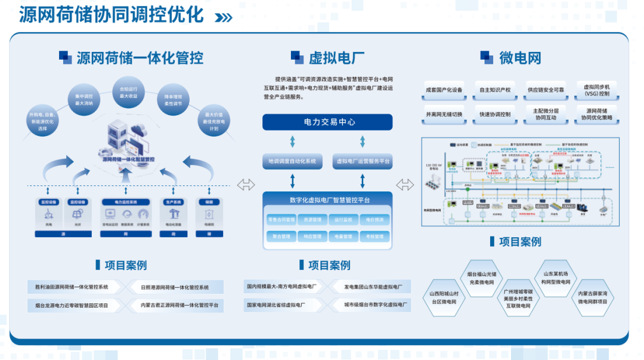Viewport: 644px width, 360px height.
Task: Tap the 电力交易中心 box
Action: click(327, 122)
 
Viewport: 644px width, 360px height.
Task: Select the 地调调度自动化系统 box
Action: click(292, 161)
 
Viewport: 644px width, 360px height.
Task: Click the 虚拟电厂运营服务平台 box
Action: click(363, 161)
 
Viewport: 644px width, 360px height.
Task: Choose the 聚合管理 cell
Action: click(280, 237)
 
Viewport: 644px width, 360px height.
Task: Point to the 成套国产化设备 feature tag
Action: click(444, 90)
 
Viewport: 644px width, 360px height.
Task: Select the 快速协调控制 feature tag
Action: click(495, 114)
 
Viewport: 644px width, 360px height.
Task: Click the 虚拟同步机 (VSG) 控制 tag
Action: click(596, 90)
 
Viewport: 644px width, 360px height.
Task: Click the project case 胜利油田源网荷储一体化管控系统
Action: click(68, 287)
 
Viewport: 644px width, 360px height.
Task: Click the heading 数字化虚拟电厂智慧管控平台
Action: click(327, 200)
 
